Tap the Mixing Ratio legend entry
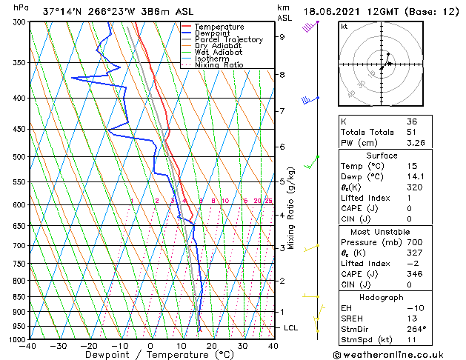219,65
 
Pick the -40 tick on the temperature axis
28,346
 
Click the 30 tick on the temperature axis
242,346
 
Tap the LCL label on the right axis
292,327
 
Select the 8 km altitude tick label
282,75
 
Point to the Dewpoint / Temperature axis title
150,356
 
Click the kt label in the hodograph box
344,27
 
